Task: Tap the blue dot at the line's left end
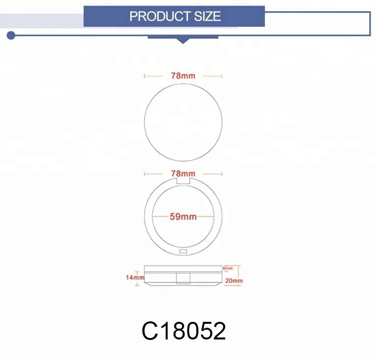pos(11,35)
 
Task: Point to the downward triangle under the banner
pos(183,41)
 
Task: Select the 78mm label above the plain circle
pos(183,76)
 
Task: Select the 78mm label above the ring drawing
pos(183,174)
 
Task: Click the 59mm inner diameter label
pos(183,217)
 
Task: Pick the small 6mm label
pos(228,269)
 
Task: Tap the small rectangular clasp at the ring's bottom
pos(184,251)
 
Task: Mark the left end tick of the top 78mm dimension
pos(144,76)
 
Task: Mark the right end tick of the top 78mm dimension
pos(222,76)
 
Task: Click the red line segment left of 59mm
pos(160,217)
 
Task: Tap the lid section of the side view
pos(184,268)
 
